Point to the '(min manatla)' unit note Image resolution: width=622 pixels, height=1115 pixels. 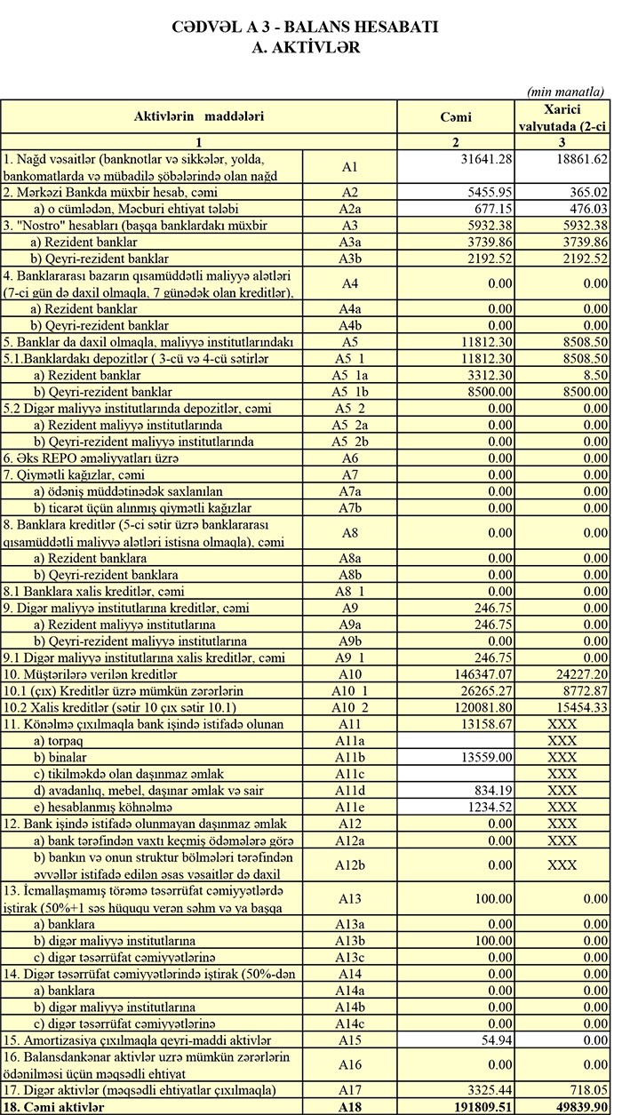[x=565, y=92]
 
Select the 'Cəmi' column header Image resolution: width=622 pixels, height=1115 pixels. [x=455, y=116]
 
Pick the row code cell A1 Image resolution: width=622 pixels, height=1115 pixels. [x=349, y=166]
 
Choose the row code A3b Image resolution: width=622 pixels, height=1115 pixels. [x=349, y=259]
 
